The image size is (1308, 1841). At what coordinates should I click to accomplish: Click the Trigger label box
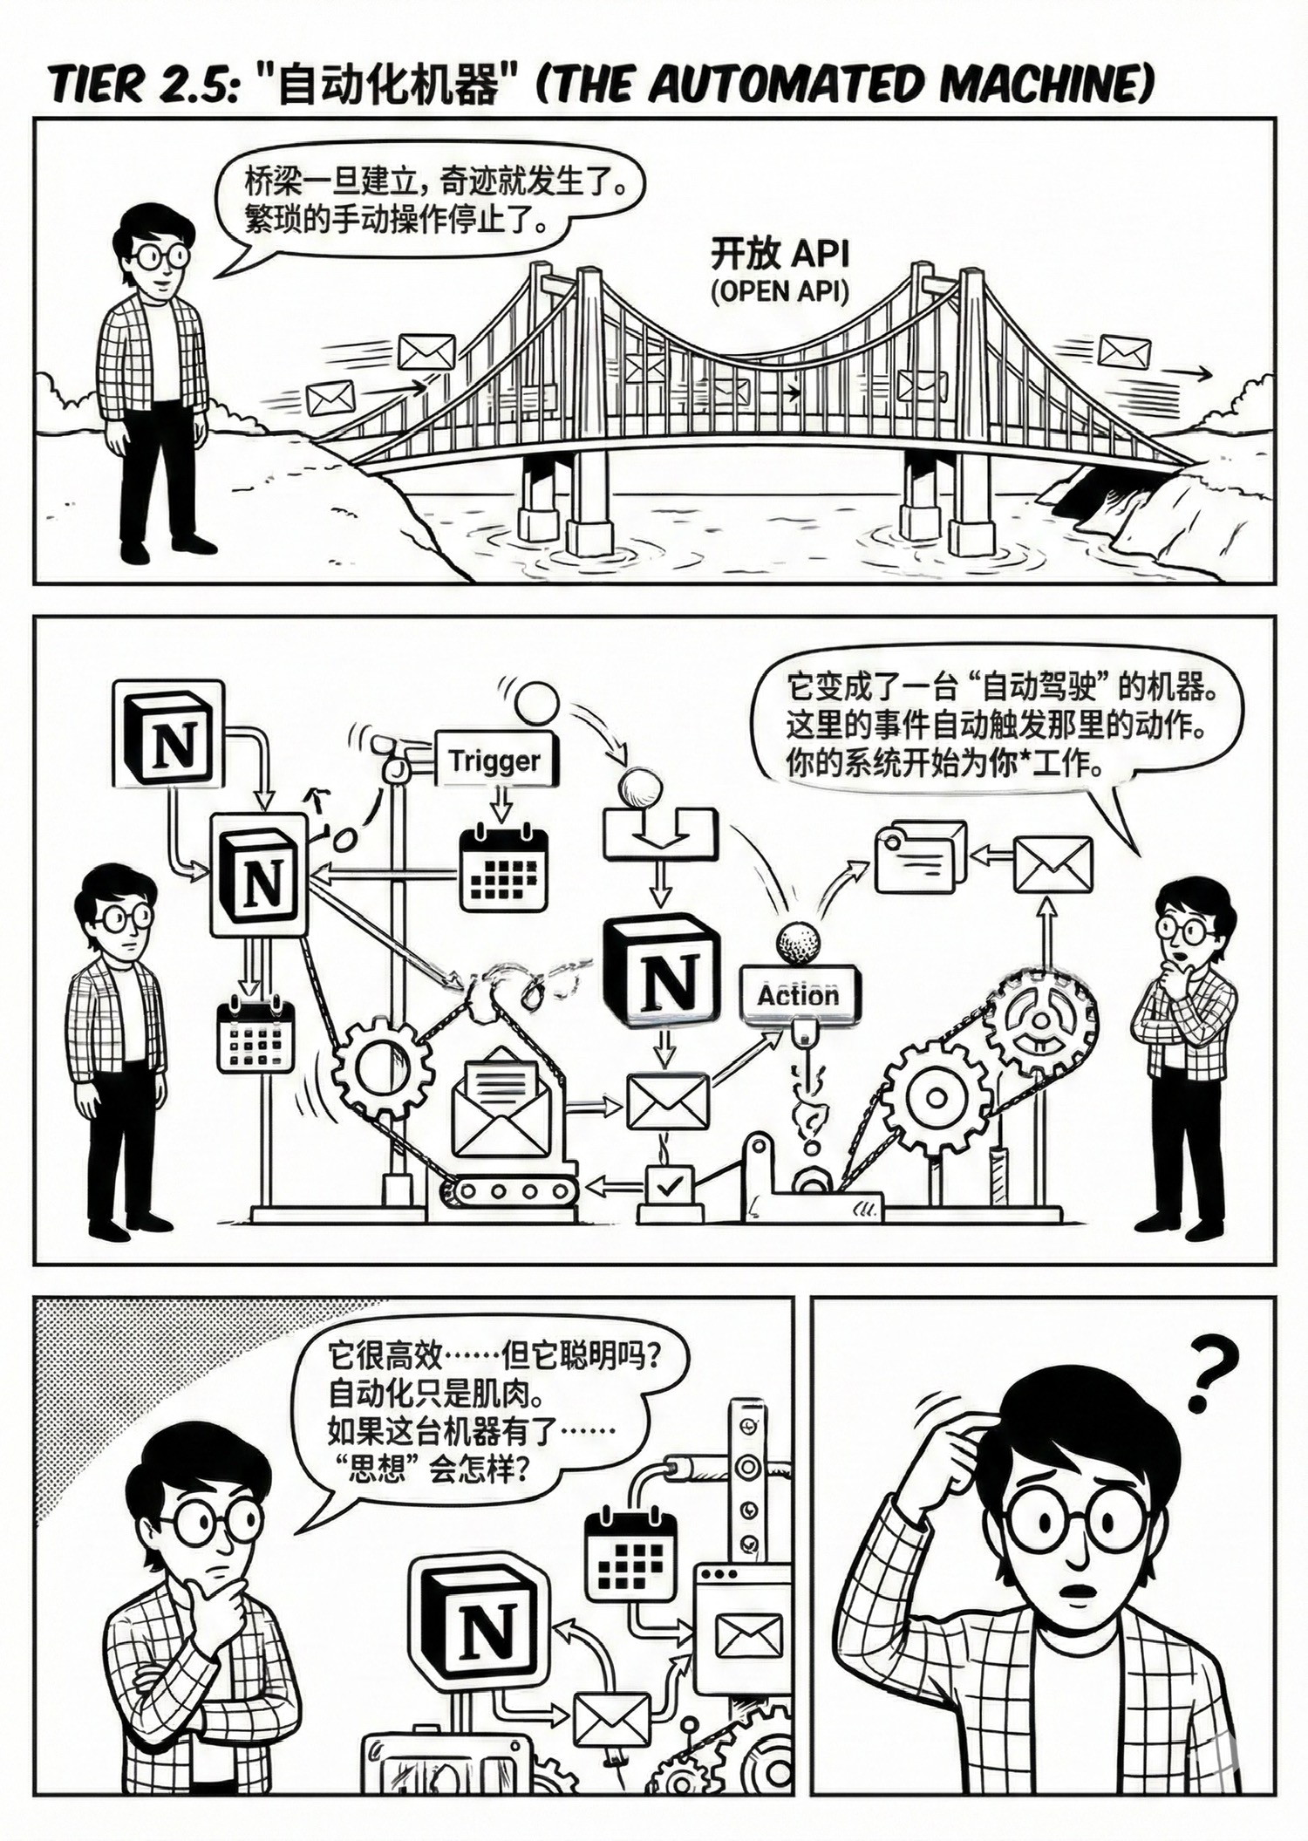point(494,760)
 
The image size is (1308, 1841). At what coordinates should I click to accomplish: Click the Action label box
point(799,994)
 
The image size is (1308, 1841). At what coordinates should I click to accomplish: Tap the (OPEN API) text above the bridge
point(780,291)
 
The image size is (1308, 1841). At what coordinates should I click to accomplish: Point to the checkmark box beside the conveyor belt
point(668,1185)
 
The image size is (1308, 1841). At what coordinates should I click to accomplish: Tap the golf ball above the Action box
point(798,943)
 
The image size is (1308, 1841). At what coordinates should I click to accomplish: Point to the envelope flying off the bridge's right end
point(1124,351)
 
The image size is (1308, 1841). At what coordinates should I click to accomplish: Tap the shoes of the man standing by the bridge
point(166,549)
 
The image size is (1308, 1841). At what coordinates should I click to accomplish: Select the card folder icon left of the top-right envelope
point(920,856)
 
